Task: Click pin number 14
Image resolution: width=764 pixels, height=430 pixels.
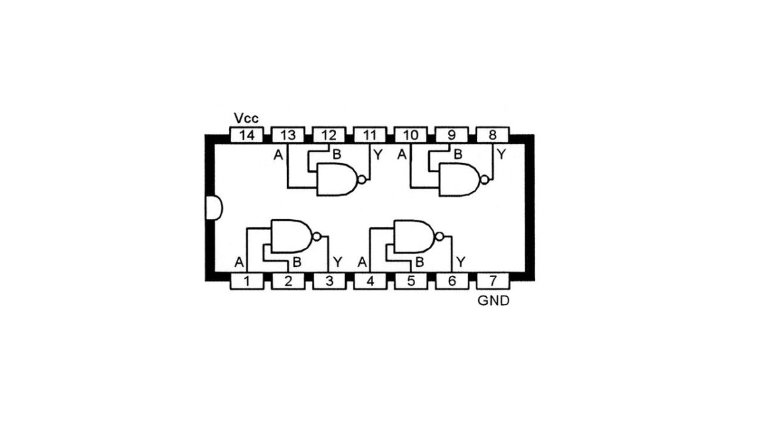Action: click(247, 135)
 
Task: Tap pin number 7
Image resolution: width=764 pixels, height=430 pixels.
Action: click(493, 281)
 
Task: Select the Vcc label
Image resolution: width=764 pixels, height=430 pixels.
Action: click(246, 118)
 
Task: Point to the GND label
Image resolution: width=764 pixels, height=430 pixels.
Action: click(493, 300)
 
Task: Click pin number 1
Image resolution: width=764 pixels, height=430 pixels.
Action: click(247, 281)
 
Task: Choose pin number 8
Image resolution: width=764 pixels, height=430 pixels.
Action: click(493, 135)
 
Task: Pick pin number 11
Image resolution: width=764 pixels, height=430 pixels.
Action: click(369, 135)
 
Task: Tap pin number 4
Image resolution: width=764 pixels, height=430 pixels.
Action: click(370, 281)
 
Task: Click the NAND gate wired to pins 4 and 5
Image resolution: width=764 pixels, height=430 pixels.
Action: click(413, 236)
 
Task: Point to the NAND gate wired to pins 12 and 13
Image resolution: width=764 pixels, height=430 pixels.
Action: click(337, 180)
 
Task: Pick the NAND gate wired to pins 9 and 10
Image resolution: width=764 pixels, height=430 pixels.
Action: click(460, 180)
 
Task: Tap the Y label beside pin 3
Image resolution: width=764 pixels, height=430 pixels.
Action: click(337, 261)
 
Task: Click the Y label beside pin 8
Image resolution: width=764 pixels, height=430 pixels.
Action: click(501, 154)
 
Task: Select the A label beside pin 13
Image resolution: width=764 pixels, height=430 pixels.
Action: click(278, 154)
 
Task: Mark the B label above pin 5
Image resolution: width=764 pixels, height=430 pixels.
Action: click(419, 261)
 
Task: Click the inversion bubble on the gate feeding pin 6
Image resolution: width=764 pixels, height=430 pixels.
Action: click(439, 236)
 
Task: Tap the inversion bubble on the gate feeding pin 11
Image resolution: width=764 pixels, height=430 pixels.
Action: click(362, 180)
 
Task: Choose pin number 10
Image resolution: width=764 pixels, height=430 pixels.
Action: click(411, 135)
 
